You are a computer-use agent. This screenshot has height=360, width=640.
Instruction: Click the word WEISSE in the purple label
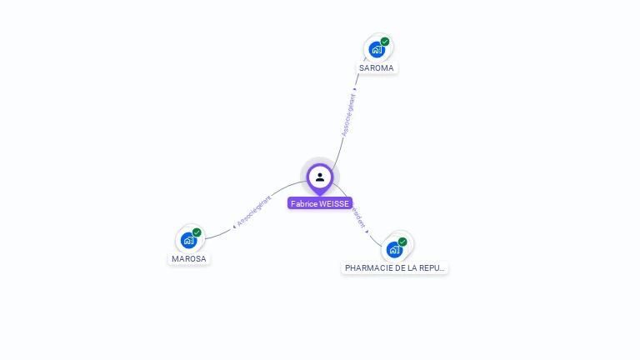pyautogui.click(x=334, y=203)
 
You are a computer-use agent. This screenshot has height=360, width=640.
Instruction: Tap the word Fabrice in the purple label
pyautogui.click(x=304, y=203)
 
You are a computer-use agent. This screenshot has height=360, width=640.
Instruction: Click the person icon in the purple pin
pyautogui.click(x=320, y=177)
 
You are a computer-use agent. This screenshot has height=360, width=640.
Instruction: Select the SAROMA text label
pyautogui.click(x=377, y=67)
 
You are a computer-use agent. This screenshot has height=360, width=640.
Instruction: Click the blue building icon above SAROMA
pyautogui.click(x=377, y=50)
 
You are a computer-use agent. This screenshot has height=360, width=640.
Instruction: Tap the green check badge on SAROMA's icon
pyautogui.click(x=385, y=42)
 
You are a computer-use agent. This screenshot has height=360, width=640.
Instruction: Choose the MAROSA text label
pyautogui.click(x=188, y=258)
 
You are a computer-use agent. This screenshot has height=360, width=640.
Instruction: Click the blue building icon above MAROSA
pyautogui.click(x=188, y=241)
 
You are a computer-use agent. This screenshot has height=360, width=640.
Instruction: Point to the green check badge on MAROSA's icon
pyautogui.click(x=197, y=232)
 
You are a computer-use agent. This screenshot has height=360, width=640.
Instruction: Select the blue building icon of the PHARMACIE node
pyautogui.click(x=394, y=249)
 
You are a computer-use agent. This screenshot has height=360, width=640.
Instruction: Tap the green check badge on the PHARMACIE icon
pyautogui.click(x=402, y=242)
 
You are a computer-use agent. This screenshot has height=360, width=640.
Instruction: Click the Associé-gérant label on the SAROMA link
pyautogui.click(x=348, y=114)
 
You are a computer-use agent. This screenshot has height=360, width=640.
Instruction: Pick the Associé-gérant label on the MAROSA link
pyautogui.click(x=254, y=211)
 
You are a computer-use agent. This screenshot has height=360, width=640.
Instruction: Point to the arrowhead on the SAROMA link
pyautogui.click(x=355, y=89)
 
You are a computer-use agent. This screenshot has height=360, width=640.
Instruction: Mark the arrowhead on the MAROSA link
pyautogui.click(x=234, y=226)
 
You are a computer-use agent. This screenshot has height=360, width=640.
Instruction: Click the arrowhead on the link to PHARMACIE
pyautogui.click(x=367, y=231)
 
